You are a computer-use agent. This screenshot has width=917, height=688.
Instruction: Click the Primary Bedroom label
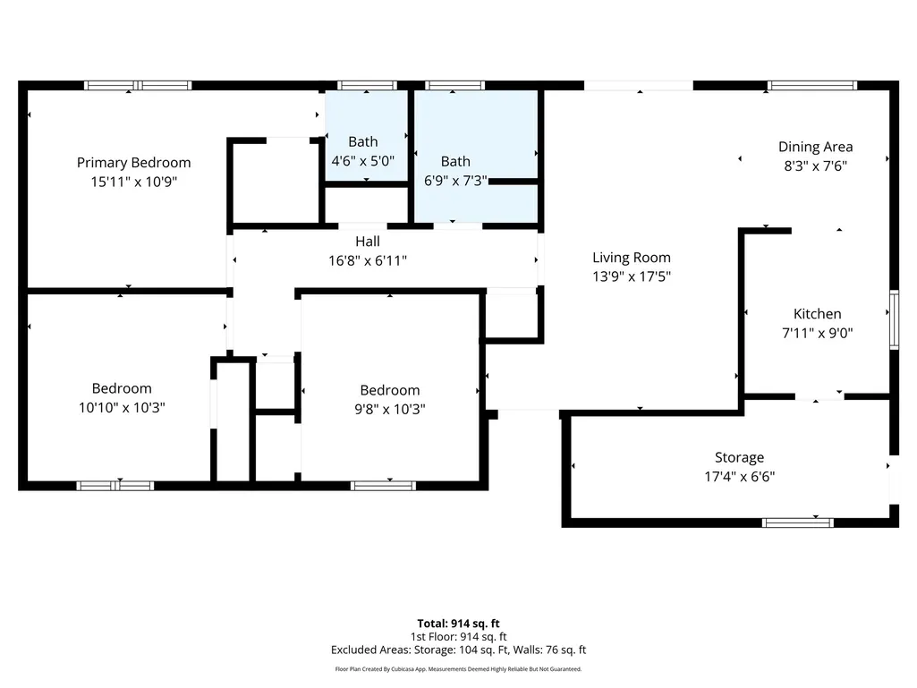(134, 163)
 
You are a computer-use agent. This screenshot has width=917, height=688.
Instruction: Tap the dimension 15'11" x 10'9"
(134, 182)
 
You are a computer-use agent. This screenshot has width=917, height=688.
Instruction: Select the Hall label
(368, 241)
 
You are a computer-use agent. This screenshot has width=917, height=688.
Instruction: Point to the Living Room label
(632, 258)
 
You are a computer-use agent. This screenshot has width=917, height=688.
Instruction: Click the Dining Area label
(815, 147)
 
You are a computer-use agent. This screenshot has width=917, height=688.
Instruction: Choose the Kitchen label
(817, 314)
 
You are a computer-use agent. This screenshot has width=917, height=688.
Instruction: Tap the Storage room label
(739, 457)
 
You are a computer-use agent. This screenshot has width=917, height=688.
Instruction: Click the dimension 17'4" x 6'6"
(739, 477)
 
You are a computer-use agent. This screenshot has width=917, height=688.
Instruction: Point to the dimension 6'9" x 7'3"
(455, 181)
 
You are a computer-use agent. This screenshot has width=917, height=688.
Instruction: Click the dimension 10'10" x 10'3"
(122, 408)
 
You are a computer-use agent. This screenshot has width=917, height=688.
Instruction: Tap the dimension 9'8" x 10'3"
(389, 410)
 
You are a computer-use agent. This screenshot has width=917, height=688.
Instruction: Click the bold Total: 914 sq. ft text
(458, 624)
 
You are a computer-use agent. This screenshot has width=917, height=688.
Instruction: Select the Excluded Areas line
(458, 650)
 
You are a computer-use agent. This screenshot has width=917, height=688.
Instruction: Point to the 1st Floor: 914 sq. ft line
(458, 636)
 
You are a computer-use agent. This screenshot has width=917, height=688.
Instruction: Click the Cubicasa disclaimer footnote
(458, 669)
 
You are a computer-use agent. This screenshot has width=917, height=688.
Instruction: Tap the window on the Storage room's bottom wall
(798, 522)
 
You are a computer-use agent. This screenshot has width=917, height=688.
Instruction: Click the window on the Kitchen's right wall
(895, 319)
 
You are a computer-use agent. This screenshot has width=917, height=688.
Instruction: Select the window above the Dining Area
(812, 85)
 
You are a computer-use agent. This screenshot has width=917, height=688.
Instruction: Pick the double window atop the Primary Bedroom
(138, 85)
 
